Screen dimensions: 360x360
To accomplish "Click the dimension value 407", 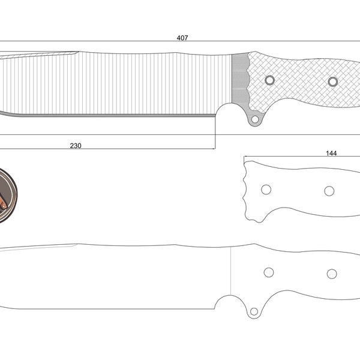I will (x=182, y=38).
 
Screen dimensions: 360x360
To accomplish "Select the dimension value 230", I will (x=76, y=145).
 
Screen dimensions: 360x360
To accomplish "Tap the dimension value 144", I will (x=331, y=153).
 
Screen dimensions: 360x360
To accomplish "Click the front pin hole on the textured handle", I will (x=269, y=80).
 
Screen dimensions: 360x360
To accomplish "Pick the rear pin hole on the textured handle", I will (x=333, y=81).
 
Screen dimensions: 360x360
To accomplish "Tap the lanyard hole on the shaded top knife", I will (x=255, y=119).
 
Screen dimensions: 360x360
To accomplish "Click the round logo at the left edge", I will (x=6, y=196).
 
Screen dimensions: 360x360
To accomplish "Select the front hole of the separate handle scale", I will (x=266, y=190).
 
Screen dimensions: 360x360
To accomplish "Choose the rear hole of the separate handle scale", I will (x=329, y=191).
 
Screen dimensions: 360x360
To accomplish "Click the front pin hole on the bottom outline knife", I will (x=269, y=272).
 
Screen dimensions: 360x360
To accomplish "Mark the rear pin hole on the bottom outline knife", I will (x=332, y=274).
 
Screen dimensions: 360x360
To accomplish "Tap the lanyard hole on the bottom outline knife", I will (x=254, y=311).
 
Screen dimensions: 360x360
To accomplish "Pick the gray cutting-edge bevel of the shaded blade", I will (x=108, y=115).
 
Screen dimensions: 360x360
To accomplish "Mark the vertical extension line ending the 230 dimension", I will (x=215, y=135).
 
